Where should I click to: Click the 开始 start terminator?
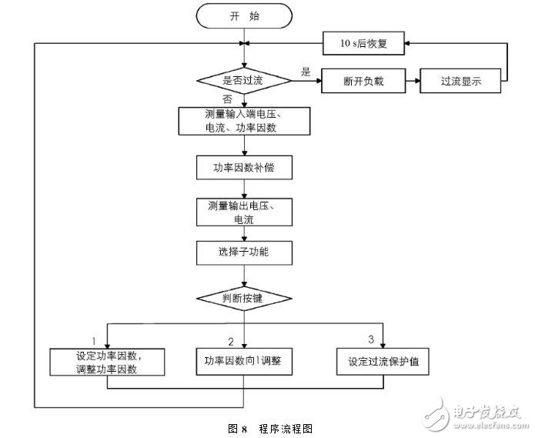(244, 15)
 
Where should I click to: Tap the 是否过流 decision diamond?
(244, 79)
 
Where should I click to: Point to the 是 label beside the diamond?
(306, 73)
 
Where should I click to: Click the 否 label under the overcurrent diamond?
(227, 99)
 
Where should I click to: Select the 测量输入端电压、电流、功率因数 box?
(244, 121)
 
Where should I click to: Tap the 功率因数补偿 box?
(244, 168)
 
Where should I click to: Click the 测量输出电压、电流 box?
(244, 213)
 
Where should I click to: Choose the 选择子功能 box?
(244, 252)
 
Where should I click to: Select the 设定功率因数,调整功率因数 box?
(109, 363)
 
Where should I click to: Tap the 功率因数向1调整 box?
(244, 362)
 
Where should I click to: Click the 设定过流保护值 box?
(383, 362)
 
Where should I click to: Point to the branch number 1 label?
(93, 339)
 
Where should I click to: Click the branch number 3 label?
(371, 339)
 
